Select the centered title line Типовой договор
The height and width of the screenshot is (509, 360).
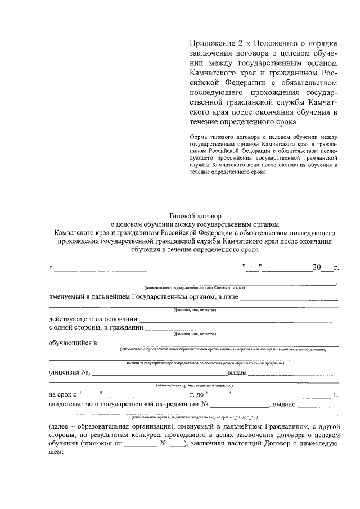195,215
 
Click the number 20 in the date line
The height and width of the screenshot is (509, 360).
317,267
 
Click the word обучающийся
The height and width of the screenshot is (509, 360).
70,343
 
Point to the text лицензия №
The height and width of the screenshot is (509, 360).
70,372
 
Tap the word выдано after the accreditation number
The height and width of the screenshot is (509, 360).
284,404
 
